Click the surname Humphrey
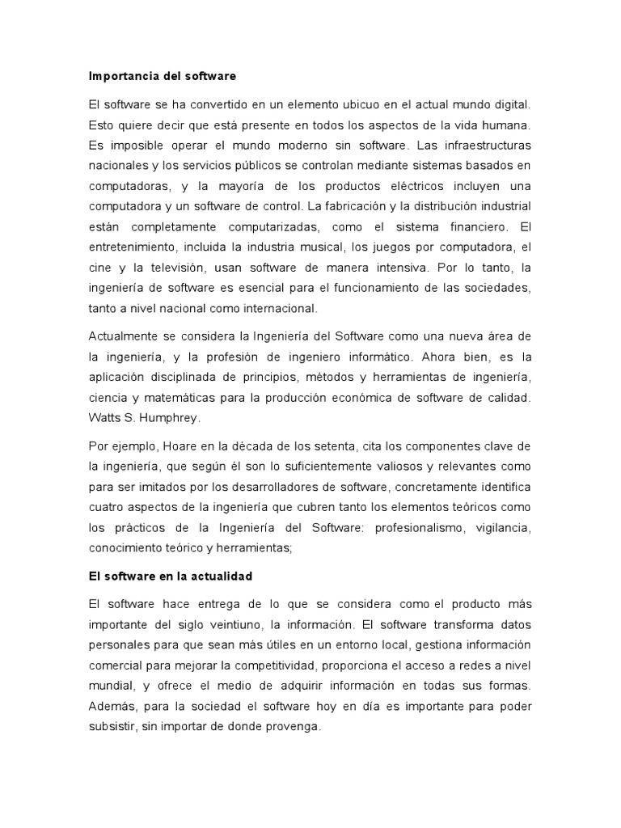pyautogui.click(x=172, y=418)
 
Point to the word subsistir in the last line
pyautogui.click(x=111, y=726)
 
